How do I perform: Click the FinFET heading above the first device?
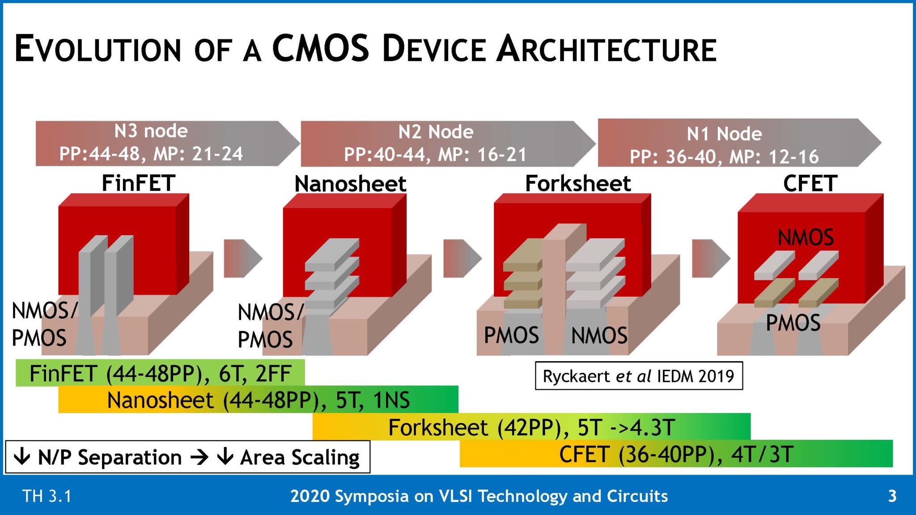tap(138, 183)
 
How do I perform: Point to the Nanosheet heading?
tap(350, 184)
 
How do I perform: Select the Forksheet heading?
tap(578, 183)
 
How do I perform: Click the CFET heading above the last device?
tap(810, 183)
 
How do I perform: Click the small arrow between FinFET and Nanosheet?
tap(242, 258)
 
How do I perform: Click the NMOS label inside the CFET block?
tap(806, 237)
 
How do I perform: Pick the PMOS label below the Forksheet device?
tap(511, 335)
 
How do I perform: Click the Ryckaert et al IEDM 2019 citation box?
tap(639, 376)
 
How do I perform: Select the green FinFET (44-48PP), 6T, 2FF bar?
tap(160, 373)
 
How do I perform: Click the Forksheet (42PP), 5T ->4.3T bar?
tap(531, 427)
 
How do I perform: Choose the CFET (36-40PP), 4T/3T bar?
tap(676, 454)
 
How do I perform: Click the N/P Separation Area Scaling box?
tap(187, 457)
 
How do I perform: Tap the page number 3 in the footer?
tap(892, 496)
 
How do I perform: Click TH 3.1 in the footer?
tap(47, 496)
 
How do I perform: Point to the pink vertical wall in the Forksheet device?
tap(554, 291)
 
